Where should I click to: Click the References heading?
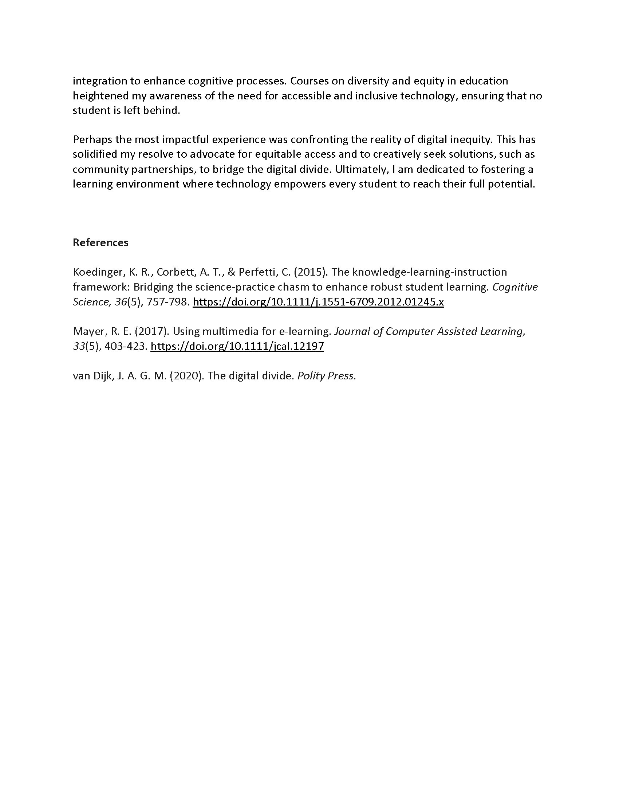tap(100, 242)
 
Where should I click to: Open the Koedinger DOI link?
tap(318, 302)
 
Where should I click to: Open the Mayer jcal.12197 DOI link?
tap(237, 346)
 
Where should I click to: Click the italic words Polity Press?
tap(325, 376)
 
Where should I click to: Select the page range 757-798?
tap(167, 302)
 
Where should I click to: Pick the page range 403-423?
tap(126, 346)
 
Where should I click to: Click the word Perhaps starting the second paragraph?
tap(91, 140)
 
